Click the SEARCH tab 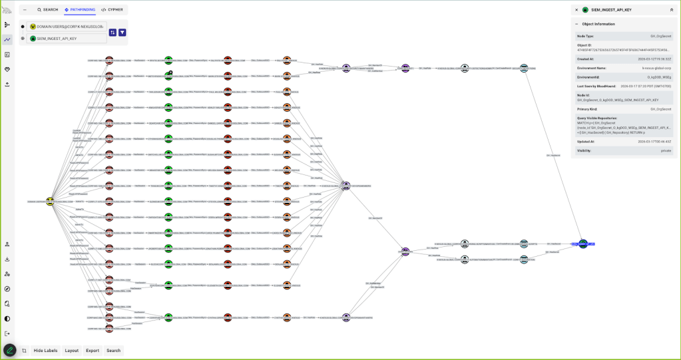tap(48, 10)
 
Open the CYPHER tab tap(112, 10)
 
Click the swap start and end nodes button tap(113, 33)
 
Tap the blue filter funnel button tap(122, 33)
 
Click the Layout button tap(71, 350)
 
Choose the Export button tap(92, 350)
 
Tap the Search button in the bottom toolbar tap(113, 350)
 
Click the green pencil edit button tap(9, 350)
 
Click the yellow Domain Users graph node tap(50, 201)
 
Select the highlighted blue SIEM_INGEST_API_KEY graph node tap(583, 244)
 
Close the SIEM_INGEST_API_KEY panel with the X tap(576, 10)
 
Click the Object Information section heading tap(598, 24)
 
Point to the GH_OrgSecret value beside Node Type tap(660, 35)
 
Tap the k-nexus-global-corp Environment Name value tap(656, 68)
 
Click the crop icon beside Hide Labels tap(24, 350)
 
